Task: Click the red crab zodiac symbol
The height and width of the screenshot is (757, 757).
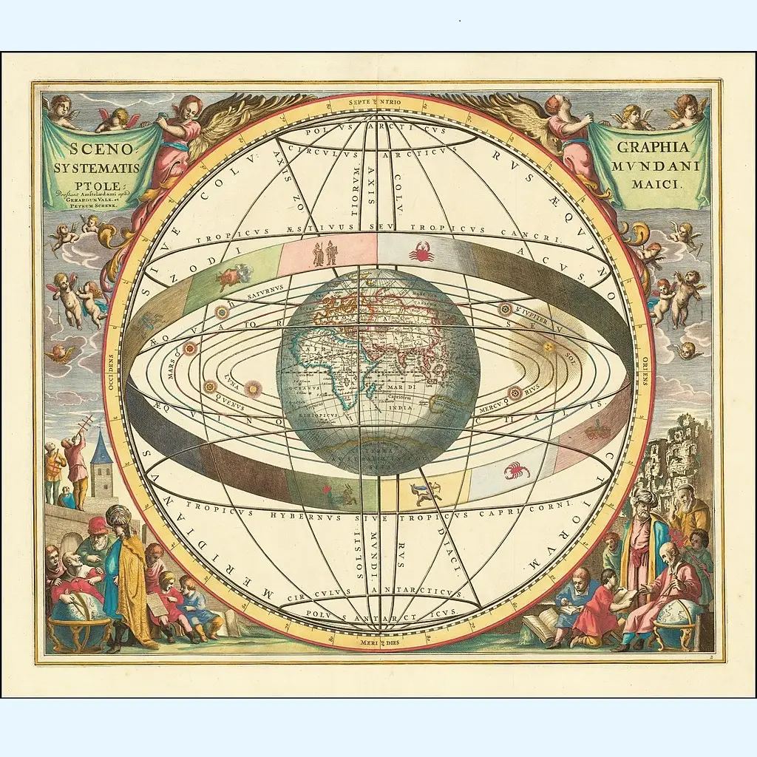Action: pyautogui.click(x=421, y=253)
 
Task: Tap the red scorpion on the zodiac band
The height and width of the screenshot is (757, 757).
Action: pyautogui.click(x=516, y=470)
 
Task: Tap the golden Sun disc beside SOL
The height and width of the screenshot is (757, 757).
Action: pyautogui.click(x=548, y=347)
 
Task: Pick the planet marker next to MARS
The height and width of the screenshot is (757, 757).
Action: pyautogui.click(x=190, y=348)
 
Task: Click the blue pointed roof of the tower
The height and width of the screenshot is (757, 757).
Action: pyautogui.click(x=101, y=450)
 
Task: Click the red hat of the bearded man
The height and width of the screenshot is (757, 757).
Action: pyautogui.click(x=98, y=525)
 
